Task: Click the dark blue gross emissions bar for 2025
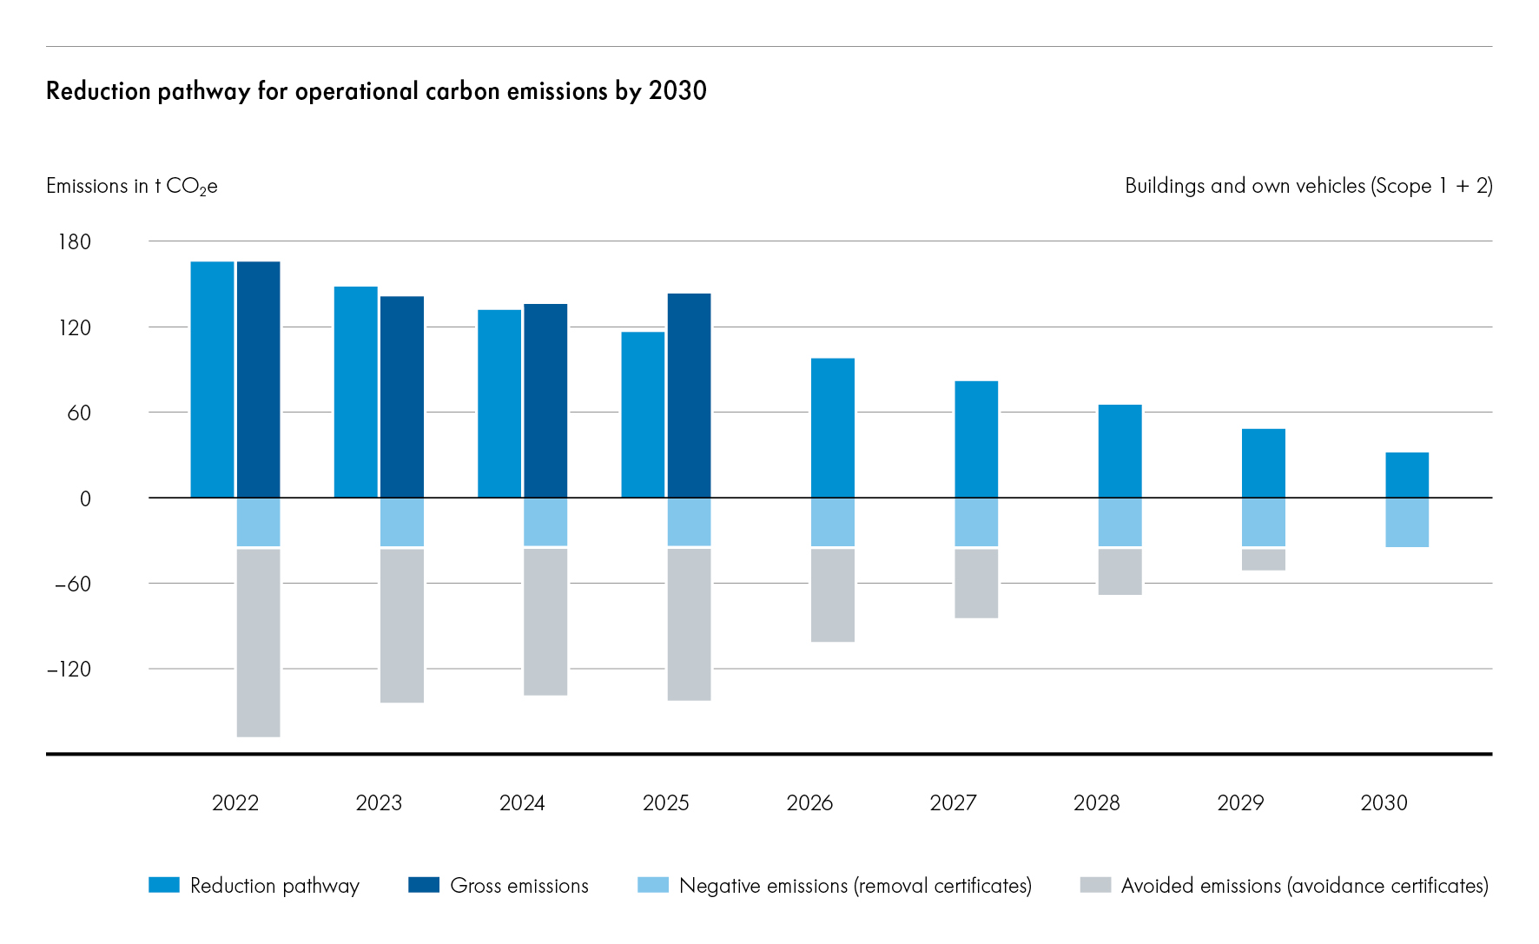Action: (x=689, y=395)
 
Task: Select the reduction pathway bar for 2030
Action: (x=1406, y=474)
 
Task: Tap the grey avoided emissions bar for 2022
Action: (x=258, y=643)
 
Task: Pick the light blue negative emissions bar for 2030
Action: (x=1406, y=522)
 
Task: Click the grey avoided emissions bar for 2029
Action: (x=1263, y=559)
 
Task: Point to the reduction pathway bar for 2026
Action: (x=832, y=427)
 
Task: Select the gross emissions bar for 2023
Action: (x=402, y=397)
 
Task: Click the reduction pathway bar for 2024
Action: (x=499, y=403)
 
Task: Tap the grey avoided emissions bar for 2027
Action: (x=976, y=583)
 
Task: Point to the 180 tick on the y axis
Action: (x=75, y=241)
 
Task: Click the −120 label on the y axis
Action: (x=69, y=669)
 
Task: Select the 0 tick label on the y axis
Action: (x=85, y=498)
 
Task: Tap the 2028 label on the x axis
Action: (x=1096, y=802)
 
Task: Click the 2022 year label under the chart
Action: (x=235, y=802)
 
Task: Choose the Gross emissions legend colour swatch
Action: (x=424, y=885)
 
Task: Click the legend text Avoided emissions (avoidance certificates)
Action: (x=1304, y=885)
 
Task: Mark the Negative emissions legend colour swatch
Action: (x=653, y=885)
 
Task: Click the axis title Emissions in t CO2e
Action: (x=131, y=186)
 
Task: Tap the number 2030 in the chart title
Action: (x=677, y=90)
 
